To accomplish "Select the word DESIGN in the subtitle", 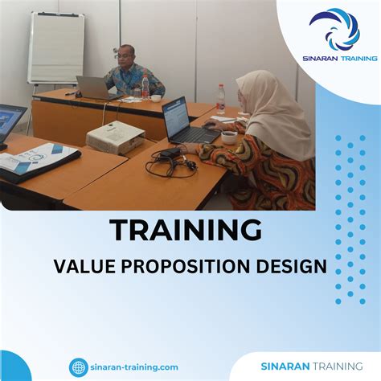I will pyautogui.click(x=297, y=266).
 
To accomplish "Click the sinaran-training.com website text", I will pyautogui.click(x=134, y=367).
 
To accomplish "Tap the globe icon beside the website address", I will pyautogui.click(x=79, y=367).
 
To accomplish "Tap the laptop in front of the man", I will pyautogui.click(x=93, y=87).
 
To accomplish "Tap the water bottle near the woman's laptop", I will pyautogui.click(x=221, y=100).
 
